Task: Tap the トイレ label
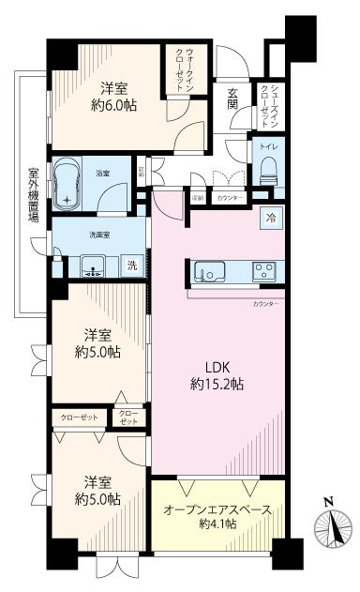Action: [266, 147]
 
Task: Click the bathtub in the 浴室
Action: [69, 183]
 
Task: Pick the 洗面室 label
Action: [100, 235]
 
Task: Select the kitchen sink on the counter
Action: [207, 272]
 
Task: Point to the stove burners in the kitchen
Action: [262, 272]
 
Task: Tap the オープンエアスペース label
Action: [217, 510]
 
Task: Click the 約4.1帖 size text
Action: [217, 528]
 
